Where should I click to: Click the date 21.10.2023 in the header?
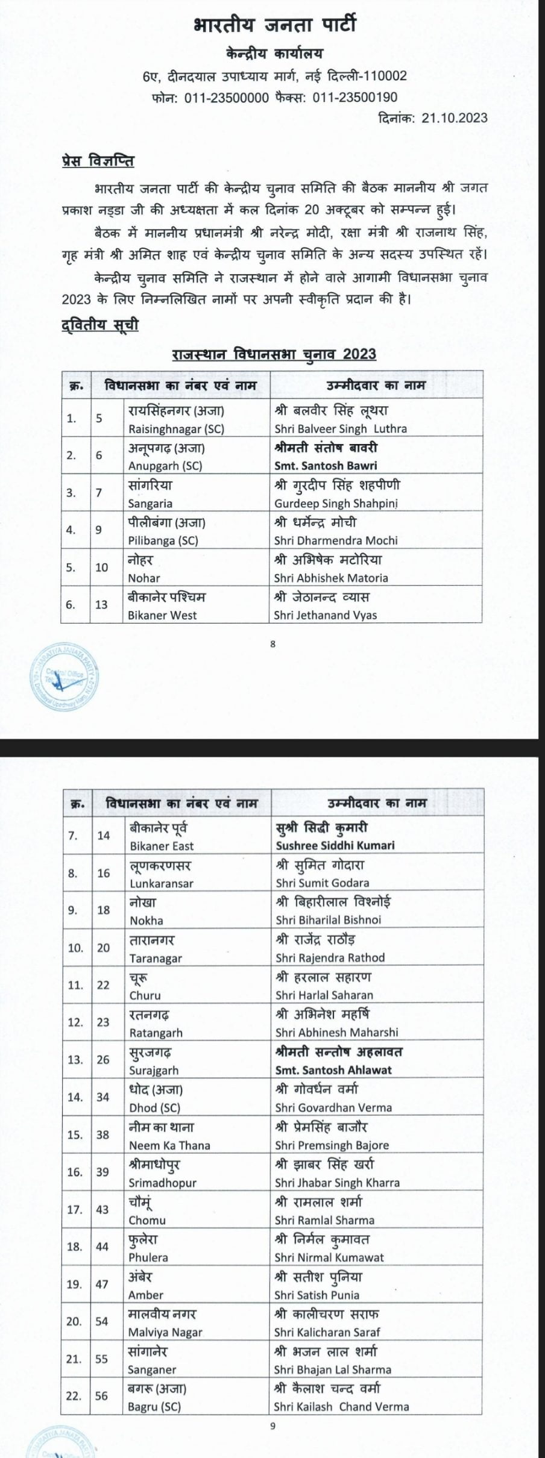455,118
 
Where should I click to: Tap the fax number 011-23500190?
355,97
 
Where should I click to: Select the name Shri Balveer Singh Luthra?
341,429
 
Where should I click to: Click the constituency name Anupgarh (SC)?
165,466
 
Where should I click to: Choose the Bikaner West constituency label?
162,615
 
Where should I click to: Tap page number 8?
272,644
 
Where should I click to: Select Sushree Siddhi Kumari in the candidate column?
335,845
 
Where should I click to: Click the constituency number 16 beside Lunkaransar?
104,873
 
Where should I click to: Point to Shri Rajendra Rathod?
330,957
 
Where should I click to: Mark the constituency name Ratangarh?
156,1033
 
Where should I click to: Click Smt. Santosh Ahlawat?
333,1070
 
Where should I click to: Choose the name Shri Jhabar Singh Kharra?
337,1183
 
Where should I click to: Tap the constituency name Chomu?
147,1220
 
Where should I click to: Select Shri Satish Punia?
317,1295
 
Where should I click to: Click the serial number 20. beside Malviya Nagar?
74,1321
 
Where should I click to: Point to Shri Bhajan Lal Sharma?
332,1369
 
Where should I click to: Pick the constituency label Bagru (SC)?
154,1407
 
